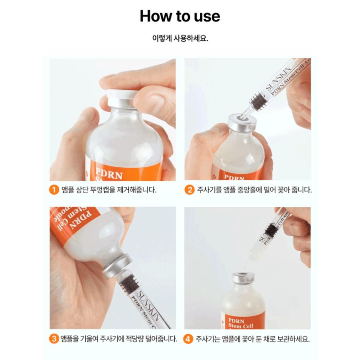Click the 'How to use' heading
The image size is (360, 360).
(x=180, y=16)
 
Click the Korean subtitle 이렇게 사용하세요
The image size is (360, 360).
(x=180, y=38)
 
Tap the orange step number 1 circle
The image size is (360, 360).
(x=53, y=190)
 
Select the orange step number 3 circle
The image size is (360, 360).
(x=53, y=339)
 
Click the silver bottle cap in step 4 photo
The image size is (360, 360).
(x=243, y=277)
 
